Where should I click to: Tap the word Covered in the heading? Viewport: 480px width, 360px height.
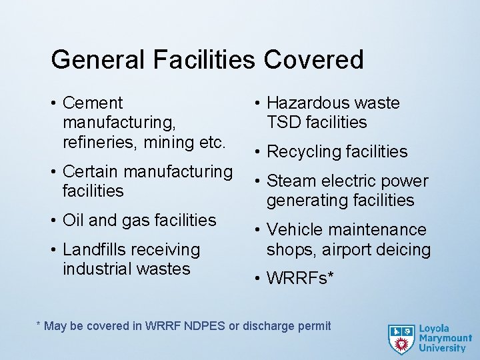(x=313, y=60)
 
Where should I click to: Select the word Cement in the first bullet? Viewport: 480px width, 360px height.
(x=93, y=103)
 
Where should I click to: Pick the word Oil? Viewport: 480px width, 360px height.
(x=73, y=220)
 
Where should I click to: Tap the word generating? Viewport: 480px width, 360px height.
(x=308, y=201)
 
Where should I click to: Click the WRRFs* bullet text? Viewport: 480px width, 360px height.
(x=299, y=279)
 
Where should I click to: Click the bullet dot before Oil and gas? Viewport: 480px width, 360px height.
(x=53, y=221)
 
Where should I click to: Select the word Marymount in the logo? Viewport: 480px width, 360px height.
(x=445, y=339)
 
